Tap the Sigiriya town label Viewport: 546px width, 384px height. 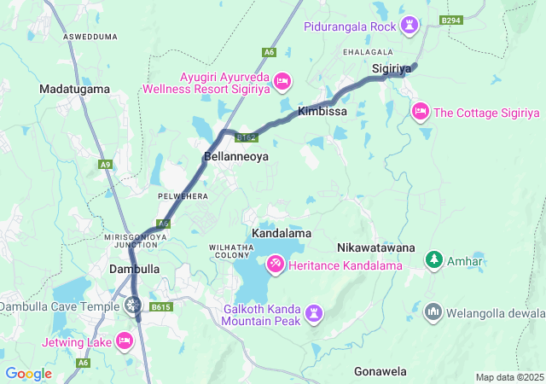[392, 67]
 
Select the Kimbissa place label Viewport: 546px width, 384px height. [322, 112]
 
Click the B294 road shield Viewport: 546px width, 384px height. [450, 20]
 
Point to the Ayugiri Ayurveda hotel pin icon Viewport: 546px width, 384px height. [283, 81]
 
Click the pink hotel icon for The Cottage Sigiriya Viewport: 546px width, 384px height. [420, 112]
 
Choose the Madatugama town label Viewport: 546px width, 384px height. [74, 89]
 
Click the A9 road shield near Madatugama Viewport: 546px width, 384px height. [105, 164]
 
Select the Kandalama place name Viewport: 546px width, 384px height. [281, 233]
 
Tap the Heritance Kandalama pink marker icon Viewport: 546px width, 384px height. [276, 265]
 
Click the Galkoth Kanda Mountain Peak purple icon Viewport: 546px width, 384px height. [315, 314]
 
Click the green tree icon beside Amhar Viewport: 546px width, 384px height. [433, 259]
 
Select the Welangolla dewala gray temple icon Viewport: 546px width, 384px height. [433, 311]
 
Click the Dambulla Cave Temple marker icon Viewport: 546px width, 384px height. [132, 305]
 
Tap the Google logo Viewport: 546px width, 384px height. [28, 374]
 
